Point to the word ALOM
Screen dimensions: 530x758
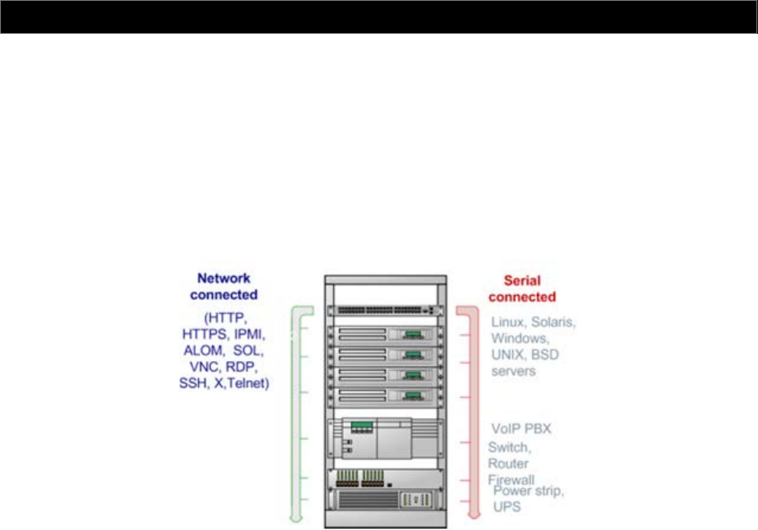point(202,349)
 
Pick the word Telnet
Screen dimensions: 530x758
point(248,383)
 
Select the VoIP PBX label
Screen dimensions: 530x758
point(520,429)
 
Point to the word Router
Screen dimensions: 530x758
point(508,462)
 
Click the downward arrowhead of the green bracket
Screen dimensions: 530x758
point(294,517)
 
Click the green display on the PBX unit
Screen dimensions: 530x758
point(362,427)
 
